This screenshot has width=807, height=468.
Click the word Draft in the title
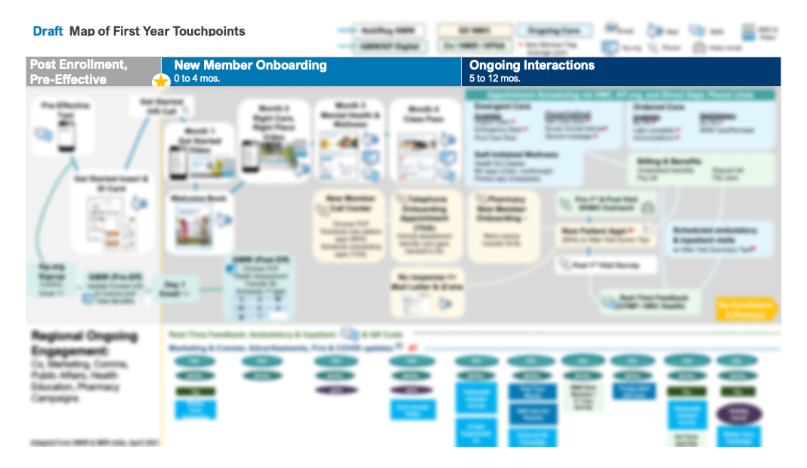click(x=48, y=31)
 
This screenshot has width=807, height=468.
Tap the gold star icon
click(x=160, y=81)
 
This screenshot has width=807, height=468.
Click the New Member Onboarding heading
click(x=250, y=65)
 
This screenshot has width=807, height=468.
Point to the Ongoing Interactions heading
click(x=532, y=65)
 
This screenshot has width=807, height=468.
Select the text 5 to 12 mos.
click(x=495, y=78)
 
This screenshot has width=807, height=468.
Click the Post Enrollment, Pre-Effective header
click(x=79, y=72)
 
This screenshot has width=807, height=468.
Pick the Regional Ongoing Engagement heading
click(x=84, y=343)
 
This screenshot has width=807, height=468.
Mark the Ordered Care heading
click(x=659, y=107)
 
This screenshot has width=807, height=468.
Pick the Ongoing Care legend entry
click(x=554, y=31)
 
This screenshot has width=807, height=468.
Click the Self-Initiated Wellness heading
click(x=517, y=154)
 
